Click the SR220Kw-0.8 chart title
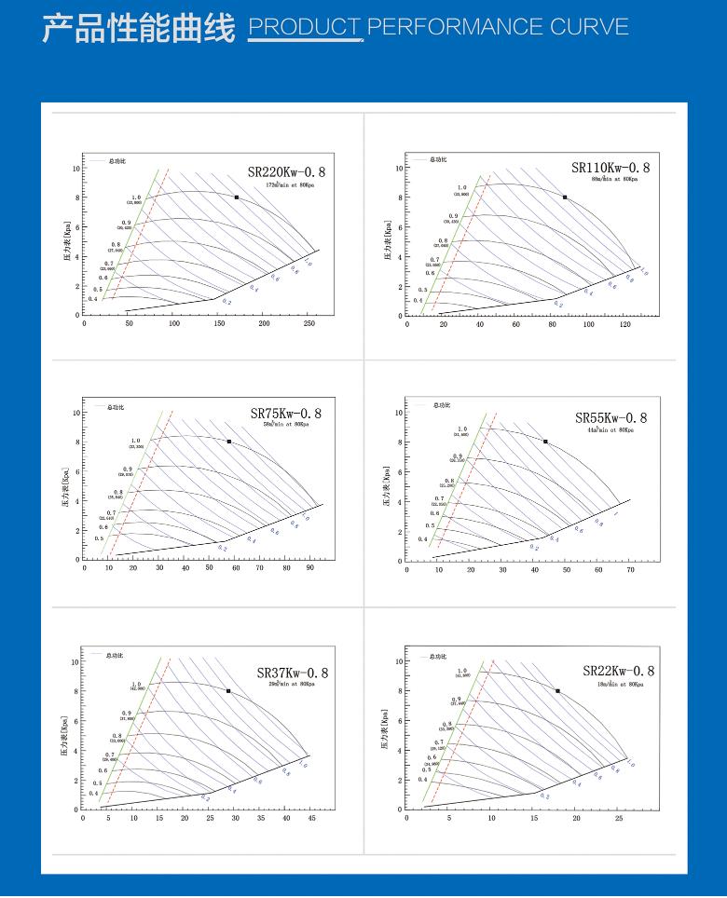[287, 171]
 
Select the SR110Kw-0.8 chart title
[610, 168]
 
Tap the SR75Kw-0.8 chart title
[286, 414]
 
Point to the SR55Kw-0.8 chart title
[610, 418]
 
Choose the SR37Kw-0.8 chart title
[293, 673]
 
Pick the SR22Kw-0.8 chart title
[619, 671]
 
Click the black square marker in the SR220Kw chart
[237, 197]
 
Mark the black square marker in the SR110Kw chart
[565, 197]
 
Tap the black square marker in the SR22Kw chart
[557, 691]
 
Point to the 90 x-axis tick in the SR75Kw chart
[310, 567]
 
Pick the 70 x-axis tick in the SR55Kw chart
[630, 569]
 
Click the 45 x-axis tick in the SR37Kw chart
[312, 818]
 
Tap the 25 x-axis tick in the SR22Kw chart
[619, 818]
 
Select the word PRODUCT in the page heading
[305, 26]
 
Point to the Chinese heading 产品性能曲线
[139, 27]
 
